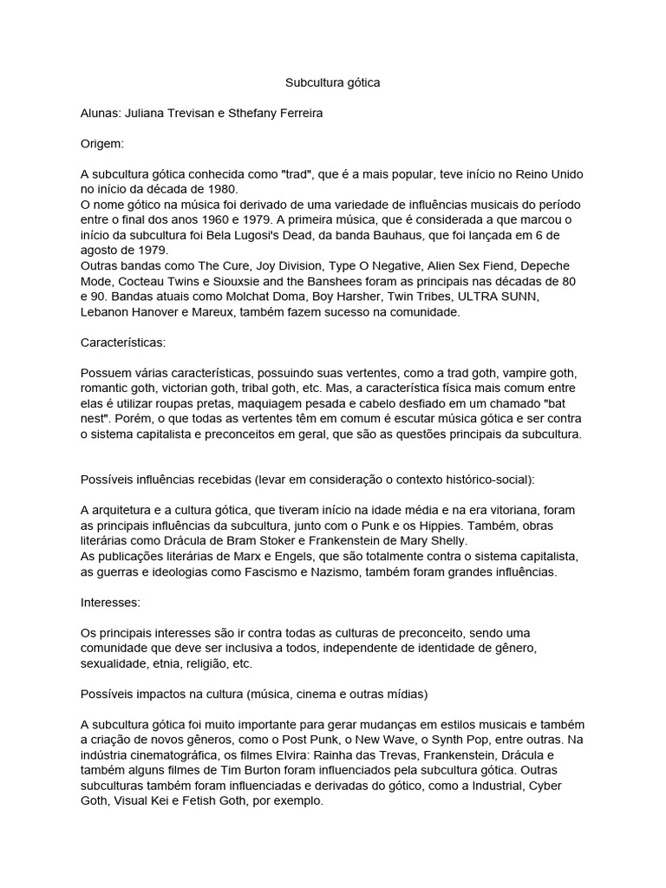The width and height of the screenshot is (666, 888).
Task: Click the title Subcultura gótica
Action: tap(333, 82)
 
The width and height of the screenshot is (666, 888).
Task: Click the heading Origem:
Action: tap(102, 143)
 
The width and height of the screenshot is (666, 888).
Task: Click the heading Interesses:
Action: tap(111, 601)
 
